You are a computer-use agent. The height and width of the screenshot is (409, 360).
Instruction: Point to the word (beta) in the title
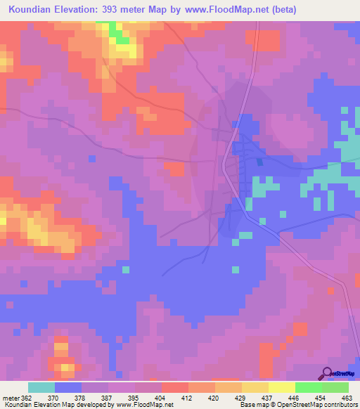click(x=285, y=10)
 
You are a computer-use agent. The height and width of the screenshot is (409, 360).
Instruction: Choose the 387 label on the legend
click(x=107, y=398)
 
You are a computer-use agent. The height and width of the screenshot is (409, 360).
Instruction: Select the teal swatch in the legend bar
click(x=41, y=387)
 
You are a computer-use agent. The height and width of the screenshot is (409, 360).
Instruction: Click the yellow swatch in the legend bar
click(x=281, y=387)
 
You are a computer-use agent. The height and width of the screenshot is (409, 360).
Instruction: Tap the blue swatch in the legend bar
click(x=68, y=387)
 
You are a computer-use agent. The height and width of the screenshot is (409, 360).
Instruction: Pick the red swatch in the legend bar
click(x=175, y=387)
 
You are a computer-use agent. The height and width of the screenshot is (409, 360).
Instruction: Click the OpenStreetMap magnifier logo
click(x=326, y=374)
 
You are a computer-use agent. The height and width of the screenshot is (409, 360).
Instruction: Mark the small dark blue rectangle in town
click(x=259, y=162)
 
